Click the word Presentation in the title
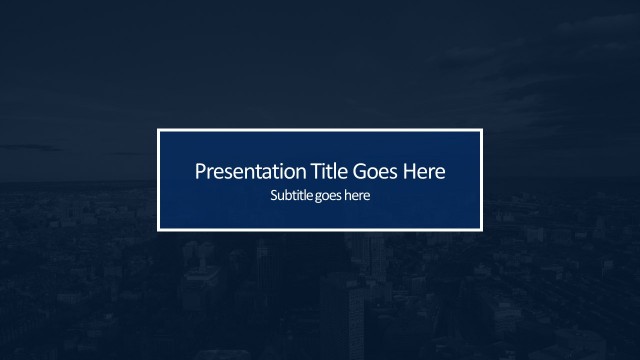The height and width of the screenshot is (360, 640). click(237, 171)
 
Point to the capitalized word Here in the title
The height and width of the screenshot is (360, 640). click(422, 171)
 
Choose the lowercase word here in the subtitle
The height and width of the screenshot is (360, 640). click(357, 196)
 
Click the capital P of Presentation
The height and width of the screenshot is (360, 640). click(199, 171)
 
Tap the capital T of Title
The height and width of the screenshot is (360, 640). click(293, 171)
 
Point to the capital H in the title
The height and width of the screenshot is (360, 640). click(407, 171)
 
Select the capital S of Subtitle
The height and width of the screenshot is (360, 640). click(274, 196)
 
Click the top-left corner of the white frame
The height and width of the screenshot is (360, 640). click(158, 130)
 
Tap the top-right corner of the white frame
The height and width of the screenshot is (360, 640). click(482, 130)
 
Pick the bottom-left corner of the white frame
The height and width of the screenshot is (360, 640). click(158, 229)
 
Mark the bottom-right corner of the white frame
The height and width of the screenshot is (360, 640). click(482, 229)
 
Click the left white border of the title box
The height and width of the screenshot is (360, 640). click(158, 180)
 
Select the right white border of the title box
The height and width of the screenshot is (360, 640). click(482, 180)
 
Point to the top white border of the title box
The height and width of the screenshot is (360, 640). click(320, 130)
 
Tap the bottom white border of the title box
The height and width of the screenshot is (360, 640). click(320, 229)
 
